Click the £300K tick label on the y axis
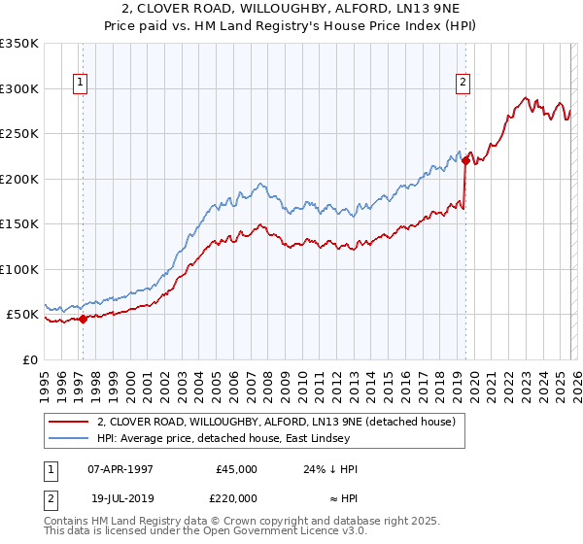pyautogui.click(x=19, y=88)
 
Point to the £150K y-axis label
pyautogui.click(x=19, y=224)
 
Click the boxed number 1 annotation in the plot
pyautogui.click(x=79, y=84)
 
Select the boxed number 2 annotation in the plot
pyautogui.click(x=463, y=84)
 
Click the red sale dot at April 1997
pyautogui.click(x=83, y=319)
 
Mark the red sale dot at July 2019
pyautogui.click(x=465, y=161)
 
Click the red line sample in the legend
pyautogui.click(x=69, y=422)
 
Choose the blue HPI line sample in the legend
pyautogui.click(x=69, y=438)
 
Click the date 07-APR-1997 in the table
pyautogui.click(x=120, y=469)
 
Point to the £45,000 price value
pyautogui.click(x=236, y=469)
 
